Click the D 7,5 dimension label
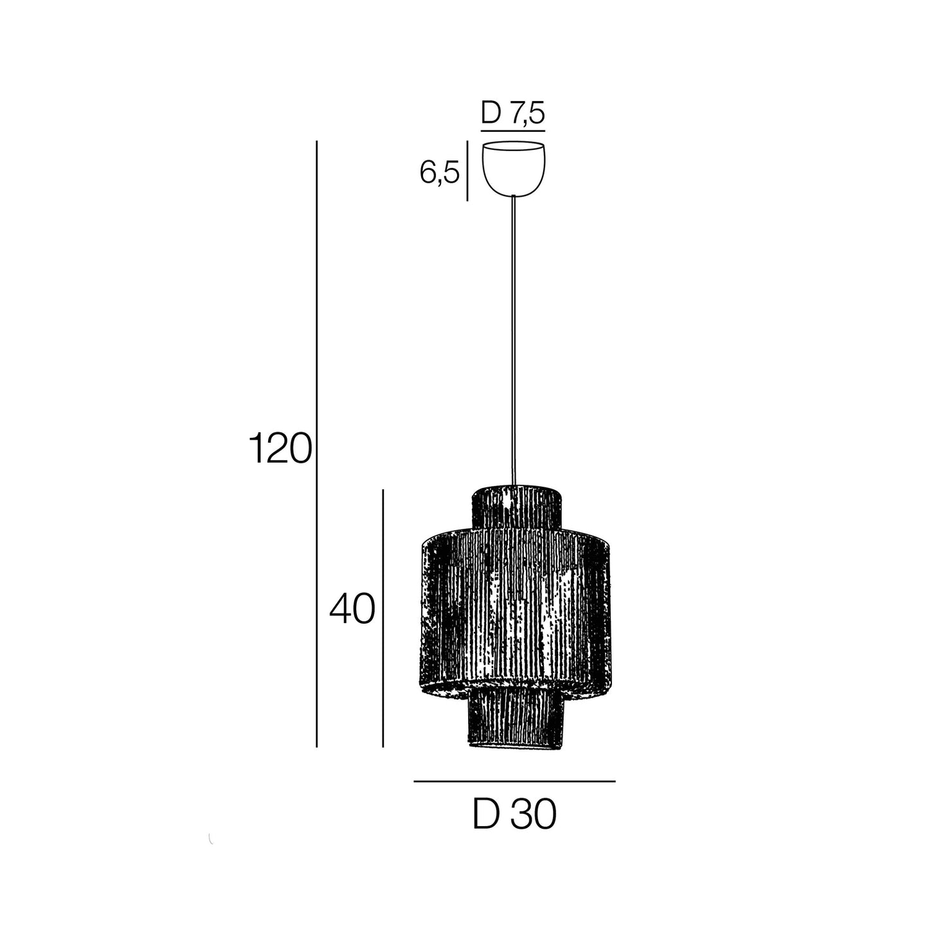[x=513, y=113]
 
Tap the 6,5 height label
[x=440, y=172]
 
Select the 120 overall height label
[x=280, y=448]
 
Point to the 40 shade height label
[x=352, y=609]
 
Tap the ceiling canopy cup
[x=514, y=168]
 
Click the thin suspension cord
[x=514, y=341]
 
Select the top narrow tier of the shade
[x=516, y=507]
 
